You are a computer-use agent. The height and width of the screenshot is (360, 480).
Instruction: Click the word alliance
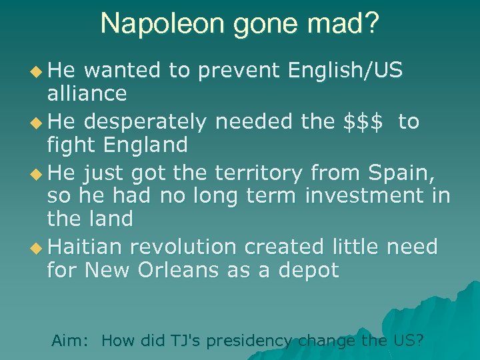87,93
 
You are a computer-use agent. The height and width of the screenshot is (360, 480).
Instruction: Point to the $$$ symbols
364,122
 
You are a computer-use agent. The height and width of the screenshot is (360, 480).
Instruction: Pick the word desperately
146,122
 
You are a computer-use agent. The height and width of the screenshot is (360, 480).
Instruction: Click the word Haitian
85,247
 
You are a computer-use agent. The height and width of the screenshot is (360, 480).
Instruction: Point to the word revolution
183,247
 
